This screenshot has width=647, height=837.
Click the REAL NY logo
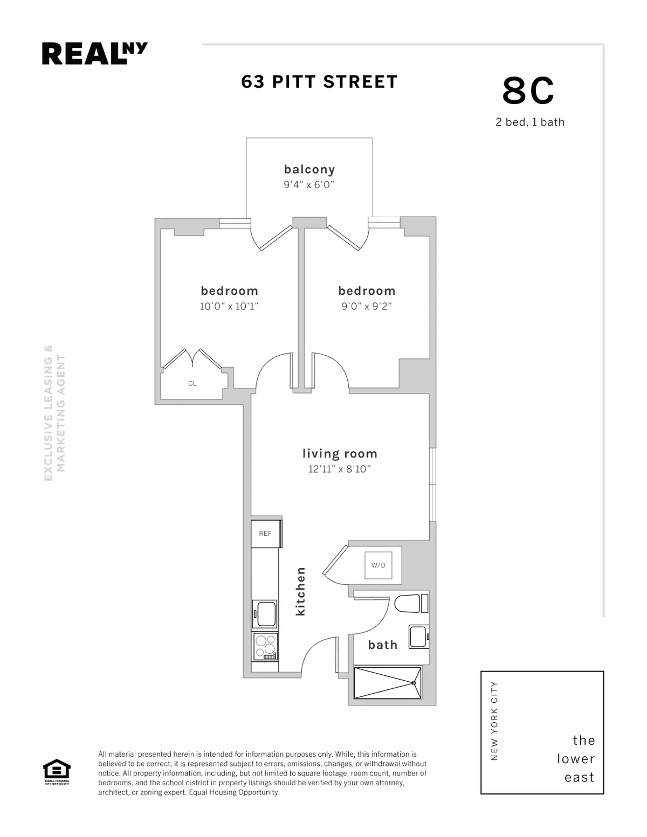coord(94,54)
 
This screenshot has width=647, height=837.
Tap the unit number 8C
coord(528,91)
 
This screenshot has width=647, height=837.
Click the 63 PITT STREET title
coord(319,82)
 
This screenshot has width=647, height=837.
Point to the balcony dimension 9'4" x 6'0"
coord(309,185)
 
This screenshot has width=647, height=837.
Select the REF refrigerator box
coord(265,534)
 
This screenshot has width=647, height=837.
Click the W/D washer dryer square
coord(378,565)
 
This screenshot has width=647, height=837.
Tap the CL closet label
coord(192,384)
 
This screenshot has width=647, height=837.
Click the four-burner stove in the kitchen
coord(265,646)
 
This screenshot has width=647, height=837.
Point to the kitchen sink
coord(265,614)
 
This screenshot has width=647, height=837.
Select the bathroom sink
coord(419,637)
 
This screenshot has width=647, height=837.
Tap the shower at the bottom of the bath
coord(387,683)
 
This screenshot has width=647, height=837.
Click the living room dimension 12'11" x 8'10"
coord(340,469)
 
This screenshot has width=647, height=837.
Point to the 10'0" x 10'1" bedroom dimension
coord(229,307)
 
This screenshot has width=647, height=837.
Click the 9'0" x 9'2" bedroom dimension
coord(367,307)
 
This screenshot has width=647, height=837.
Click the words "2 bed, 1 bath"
coord(530,122)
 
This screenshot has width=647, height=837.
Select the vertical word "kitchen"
coord(300,591)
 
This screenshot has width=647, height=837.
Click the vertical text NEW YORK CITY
coord(494,721)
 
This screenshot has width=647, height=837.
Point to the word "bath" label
coord(383,645)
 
